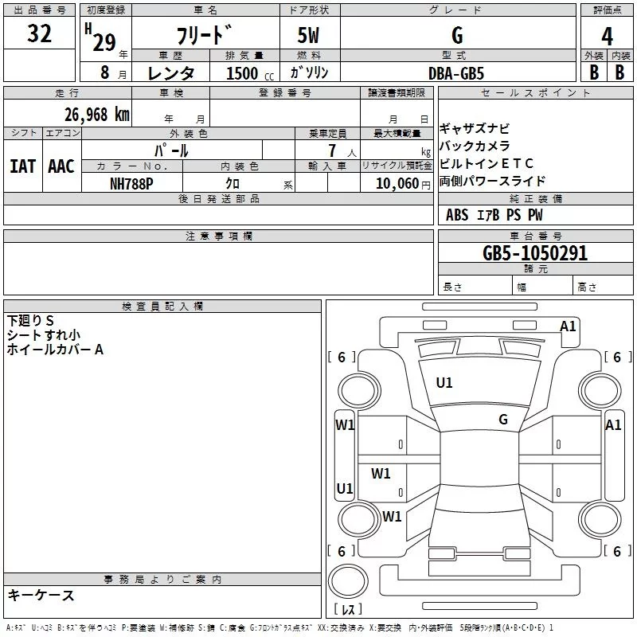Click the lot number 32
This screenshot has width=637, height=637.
point(39,34)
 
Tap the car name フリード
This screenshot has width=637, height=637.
point(205,36)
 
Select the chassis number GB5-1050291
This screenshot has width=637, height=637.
point(535,254)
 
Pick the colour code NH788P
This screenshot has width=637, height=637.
point(131,182)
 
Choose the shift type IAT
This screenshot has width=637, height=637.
point(22,166)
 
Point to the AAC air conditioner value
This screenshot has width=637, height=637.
point(61,166)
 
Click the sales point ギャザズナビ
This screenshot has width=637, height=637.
point(475,129)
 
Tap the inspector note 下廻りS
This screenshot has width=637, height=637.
point(30,321)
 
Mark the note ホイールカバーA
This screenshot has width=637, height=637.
point(55,350)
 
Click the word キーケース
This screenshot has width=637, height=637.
point(41,596)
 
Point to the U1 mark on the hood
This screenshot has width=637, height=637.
point(444,383)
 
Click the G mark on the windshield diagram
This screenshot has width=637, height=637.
point(503,420)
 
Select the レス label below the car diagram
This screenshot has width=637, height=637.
point(348,611)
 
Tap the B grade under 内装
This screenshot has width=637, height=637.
point(619,72)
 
